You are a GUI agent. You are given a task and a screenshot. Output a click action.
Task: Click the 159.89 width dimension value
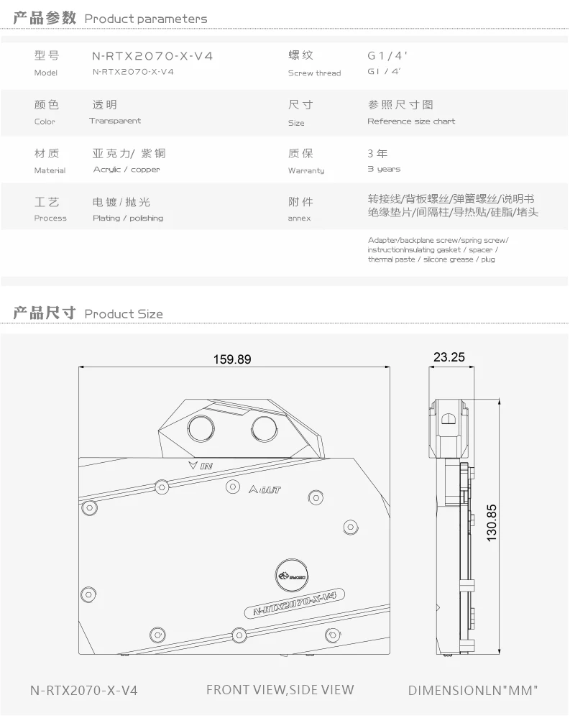232,359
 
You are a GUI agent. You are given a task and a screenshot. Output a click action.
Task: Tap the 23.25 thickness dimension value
449,357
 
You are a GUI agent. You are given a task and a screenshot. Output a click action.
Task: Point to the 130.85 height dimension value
492,523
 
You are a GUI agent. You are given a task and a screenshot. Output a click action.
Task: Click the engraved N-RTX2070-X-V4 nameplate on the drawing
295,603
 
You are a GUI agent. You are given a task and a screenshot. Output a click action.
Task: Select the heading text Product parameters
146,19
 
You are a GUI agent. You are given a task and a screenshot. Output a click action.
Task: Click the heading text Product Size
124,314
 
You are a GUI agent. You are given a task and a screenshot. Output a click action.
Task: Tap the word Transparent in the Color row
115,121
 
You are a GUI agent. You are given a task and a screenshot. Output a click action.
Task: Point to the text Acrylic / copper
127,170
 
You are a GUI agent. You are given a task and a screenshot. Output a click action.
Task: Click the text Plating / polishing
128,218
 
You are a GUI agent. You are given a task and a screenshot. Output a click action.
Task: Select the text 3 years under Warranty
384,169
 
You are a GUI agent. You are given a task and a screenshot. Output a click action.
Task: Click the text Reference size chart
411,121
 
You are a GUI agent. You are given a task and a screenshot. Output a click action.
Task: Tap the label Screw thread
314,73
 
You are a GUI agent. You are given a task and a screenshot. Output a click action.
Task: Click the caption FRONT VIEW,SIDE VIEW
280,690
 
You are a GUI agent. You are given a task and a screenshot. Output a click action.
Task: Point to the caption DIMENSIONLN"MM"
473,691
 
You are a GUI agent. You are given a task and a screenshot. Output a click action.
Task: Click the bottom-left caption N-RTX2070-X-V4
83,691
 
